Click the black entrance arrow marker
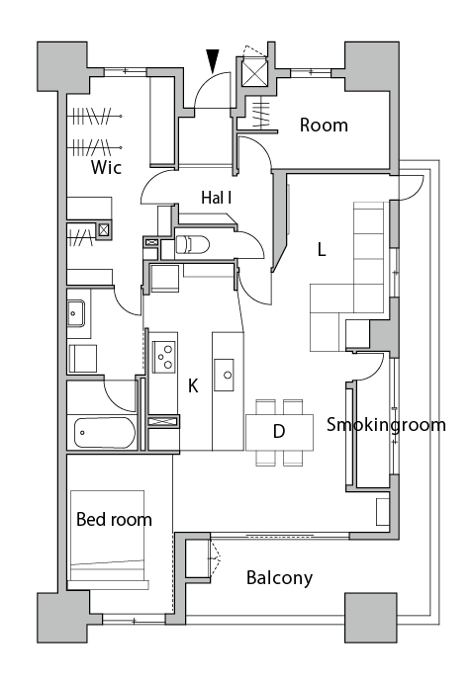tap(213, 60)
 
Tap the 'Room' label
tap(324, 125)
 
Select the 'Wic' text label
tap(106, 167)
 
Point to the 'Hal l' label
tap(216, 198)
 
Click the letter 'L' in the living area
tap(321, 250)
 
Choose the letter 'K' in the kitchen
tap(193, 385)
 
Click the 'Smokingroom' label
tap(386, 425)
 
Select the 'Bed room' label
tap(114, 519)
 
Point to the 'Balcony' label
tap(279, 577)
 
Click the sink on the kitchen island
tap(228, 375)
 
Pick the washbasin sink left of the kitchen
tap(75, 315)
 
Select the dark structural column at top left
tap(61, 66)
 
